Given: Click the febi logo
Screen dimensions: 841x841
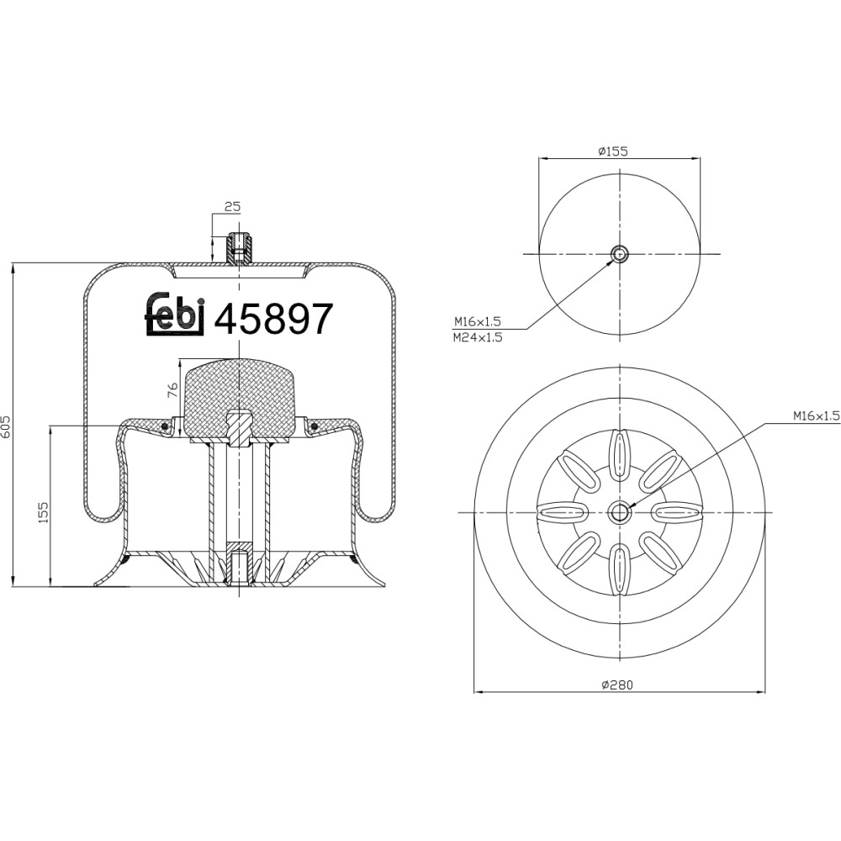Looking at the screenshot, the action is pos(175,315).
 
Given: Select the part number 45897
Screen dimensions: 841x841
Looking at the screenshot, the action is pos(273,319).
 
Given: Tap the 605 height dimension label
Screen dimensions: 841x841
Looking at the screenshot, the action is pos(6,426).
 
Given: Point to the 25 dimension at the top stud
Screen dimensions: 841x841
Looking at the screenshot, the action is pos(232,207).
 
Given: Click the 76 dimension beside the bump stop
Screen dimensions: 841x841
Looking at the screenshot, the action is pos(172,389).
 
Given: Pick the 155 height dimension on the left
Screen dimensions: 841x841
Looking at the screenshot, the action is pos(44,512).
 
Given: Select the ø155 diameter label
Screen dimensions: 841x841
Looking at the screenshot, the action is pos(613,151).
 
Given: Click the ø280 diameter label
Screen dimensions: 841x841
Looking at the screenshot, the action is pos(617,685).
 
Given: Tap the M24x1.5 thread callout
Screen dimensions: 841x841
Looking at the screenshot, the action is pos(478,337).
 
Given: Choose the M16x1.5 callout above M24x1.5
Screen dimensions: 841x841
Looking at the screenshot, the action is pos(478,322).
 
